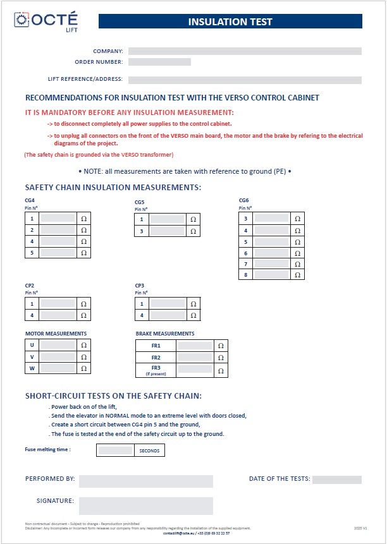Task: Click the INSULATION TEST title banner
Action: [230, 22]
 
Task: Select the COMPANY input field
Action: [245, 51]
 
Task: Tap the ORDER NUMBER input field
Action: [159, 62]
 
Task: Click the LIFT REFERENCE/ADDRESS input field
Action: [245, 80]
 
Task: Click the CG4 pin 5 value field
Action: [58, 252]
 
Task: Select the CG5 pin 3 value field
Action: [167, 231]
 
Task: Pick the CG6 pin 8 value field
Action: [271, 275]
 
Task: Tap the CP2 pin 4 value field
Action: [58, 315]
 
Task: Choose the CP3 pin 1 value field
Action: [167, 304]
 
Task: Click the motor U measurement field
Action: [58, 346]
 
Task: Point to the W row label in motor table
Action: [32, 368]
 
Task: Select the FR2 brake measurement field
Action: [195, 358]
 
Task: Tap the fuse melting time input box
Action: [115, 450]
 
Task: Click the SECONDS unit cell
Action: [149, 450]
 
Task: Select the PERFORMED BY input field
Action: [145, 481]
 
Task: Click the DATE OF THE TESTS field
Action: [336, 480]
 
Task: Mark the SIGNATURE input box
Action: [145, 505]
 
